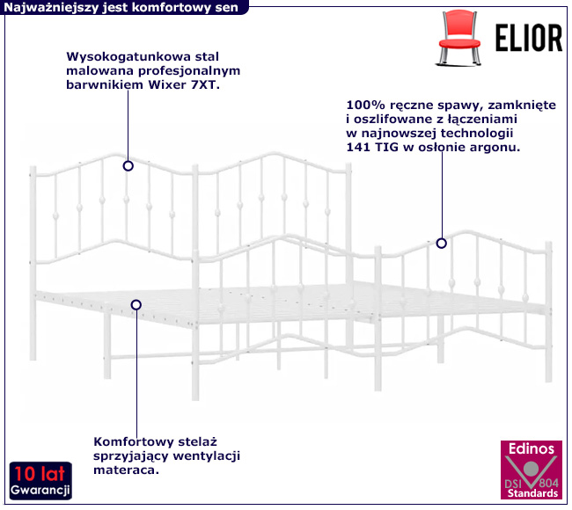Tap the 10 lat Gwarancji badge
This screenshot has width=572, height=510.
coord(41,479)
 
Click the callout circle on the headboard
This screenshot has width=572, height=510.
coord(128,165)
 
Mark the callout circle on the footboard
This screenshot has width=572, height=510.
coord(442,244)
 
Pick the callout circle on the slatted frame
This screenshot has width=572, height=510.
coord(136,305)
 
